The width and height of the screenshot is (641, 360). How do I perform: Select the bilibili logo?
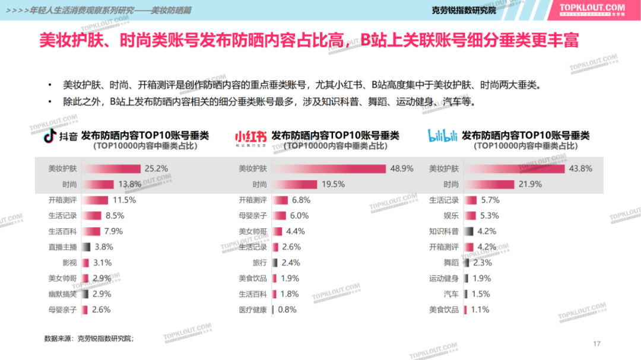pos(442,136)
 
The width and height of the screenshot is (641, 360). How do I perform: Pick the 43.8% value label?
pos(580,168)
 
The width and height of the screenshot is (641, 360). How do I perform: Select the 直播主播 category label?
pos(63,247)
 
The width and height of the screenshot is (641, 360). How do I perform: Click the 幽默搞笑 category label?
pos(63,294)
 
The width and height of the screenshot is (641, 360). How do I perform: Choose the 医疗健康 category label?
pos(253,310)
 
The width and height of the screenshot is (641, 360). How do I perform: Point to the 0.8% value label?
pos(287,310)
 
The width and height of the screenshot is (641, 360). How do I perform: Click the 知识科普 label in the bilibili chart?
pos(444,231)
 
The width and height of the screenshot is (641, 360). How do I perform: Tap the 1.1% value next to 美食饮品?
pos(480,310)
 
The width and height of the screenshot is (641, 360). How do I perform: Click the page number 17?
pos(597,344)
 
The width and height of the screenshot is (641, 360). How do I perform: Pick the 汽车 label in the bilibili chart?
pos(451,294)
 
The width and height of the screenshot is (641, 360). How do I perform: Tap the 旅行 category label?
pos(260,263)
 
